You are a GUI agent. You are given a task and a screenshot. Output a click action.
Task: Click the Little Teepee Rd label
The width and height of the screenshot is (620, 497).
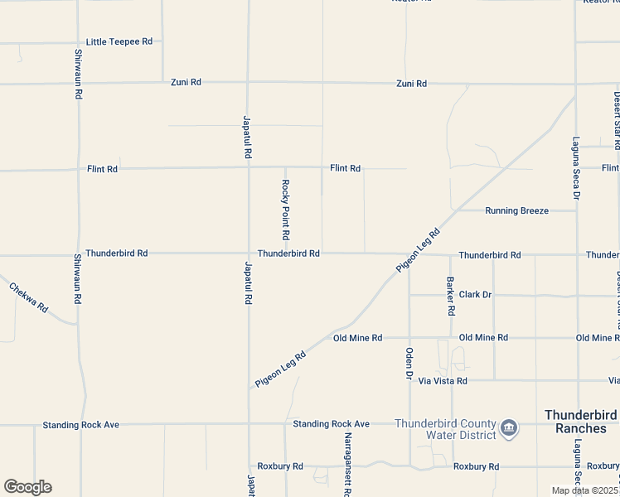tap(119, 41)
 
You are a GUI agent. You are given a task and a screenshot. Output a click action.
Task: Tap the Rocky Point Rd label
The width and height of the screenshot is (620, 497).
tap(285, 210)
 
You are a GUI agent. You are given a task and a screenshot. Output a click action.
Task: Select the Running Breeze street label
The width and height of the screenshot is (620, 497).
tap(516, 210)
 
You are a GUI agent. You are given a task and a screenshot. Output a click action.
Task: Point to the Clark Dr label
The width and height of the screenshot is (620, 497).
tap(475, 294)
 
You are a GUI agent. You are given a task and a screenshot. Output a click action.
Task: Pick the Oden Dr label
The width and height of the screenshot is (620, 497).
tap(409, 363)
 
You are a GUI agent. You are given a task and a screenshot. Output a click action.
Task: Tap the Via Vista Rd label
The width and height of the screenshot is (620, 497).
tap(443, 380)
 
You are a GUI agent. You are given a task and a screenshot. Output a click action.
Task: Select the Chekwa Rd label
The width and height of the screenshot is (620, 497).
tap(29, 299)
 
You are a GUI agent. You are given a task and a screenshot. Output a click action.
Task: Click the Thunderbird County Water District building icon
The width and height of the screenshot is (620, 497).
tap(509, 427)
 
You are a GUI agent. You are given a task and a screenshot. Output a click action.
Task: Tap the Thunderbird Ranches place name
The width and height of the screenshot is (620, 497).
tap(581, 421)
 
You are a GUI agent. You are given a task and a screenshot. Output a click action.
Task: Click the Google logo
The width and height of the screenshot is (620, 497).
tap(27, 487)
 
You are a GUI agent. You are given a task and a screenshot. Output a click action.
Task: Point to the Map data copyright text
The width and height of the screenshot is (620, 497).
tap(585, 490)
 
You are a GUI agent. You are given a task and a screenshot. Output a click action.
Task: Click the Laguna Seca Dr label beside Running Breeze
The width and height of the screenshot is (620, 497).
tap(575, 168)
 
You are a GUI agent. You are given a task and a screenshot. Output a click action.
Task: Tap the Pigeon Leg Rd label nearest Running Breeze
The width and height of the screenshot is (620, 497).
tap(418, 248)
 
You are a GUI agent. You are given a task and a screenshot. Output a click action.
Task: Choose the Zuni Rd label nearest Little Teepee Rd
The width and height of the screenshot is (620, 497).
tap(186, 83)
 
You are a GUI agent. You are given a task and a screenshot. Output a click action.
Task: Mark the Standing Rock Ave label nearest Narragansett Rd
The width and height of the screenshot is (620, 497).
tap(331, 424)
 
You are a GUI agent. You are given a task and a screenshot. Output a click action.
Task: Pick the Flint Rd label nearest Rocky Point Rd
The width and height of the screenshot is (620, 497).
tap(345, 168)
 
